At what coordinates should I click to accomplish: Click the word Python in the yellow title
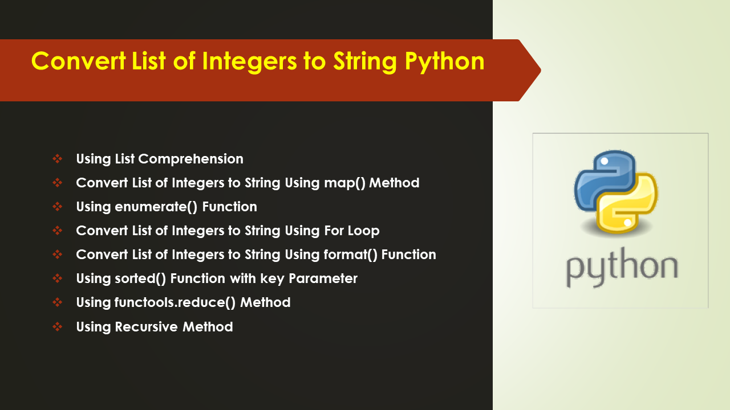coord(445,62)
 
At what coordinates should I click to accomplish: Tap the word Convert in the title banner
coord(79,61)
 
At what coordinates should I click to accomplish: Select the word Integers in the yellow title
coord(250,62)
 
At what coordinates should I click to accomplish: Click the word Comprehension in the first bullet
coord(191,159)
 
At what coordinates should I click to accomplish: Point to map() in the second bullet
coord(345,183)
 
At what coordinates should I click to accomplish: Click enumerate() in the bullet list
coord(156,207)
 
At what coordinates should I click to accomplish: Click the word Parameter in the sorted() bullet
coord(323,278)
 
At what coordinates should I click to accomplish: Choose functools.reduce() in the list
coord(175,302)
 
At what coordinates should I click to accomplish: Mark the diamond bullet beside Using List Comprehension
coord(58,159)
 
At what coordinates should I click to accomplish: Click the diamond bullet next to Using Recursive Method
coord(58,326)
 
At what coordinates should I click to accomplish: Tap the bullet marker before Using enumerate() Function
coord(58,207)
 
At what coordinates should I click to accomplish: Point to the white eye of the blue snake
coord(605,161)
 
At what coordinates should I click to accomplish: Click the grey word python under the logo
coord(622,268)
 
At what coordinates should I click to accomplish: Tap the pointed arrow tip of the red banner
coord(541,70)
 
